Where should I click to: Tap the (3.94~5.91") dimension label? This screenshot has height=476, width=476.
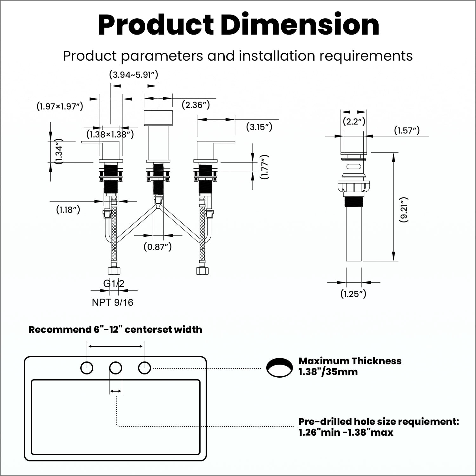[134, 75]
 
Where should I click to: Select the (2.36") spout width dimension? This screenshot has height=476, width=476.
[196, 105]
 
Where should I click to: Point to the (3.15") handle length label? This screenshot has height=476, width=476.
[259, 127]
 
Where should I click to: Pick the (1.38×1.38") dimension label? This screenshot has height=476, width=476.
[110, 134]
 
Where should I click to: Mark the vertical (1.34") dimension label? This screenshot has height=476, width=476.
[59, 151]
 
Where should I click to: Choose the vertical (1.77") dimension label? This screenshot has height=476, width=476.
[264, 167]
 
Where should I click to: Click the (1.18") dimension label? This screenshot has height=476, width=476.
[68, 209]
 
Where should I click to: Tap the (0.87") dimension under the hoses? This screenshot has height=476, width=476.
[158, 247]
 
